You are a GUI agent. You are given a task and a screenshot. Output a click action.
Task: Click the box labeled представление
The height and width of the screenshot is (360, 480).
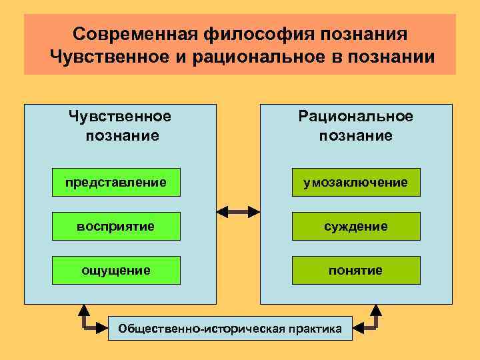point(116,182)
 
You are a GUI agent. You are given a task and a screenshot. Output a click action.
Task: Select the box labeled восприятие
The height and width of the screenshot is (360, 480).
point(116,226)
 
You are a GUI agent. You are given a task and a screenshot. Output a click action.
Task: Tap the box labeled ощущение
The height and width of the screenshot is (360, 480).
point(116,270)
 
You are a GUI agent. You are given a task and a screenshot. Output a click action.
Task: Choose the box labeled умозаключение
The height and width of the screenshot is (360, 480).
point(356,182)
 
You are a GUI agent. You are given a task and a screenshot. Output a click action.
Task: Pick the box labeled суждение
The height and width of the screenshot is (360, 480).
point(356,226)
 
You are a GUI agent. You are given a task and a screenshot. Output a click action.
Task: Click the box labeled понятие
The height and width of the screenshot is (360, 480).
point(356,270)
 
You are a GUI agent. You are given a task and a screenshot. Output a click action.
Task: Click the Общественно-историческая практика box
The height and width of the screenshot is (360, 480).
point(229,328)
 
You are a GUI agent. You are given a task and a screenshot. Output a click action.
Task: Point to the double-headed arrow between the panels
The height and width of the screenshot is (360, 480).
point(239,212)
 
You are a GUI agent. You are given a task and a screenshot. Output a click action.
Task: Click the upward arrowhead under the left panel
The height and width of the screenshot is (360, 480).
point(85,310)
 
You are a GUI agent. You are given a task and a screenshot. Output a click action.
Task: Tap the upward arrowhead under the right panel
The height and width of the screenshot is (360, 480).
point(375,310)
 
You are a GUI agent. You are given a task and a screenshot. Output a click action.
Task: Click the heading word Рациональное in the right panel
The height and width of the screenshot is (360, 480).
point(356,117)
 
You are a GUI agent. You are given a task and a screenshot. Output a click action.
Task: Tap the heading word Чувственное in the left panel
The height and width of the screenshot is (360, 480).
point(120,117)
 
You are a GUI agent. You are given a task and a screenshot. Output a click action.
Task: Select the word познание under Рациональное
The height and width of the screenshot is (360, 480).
point(356,136)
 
